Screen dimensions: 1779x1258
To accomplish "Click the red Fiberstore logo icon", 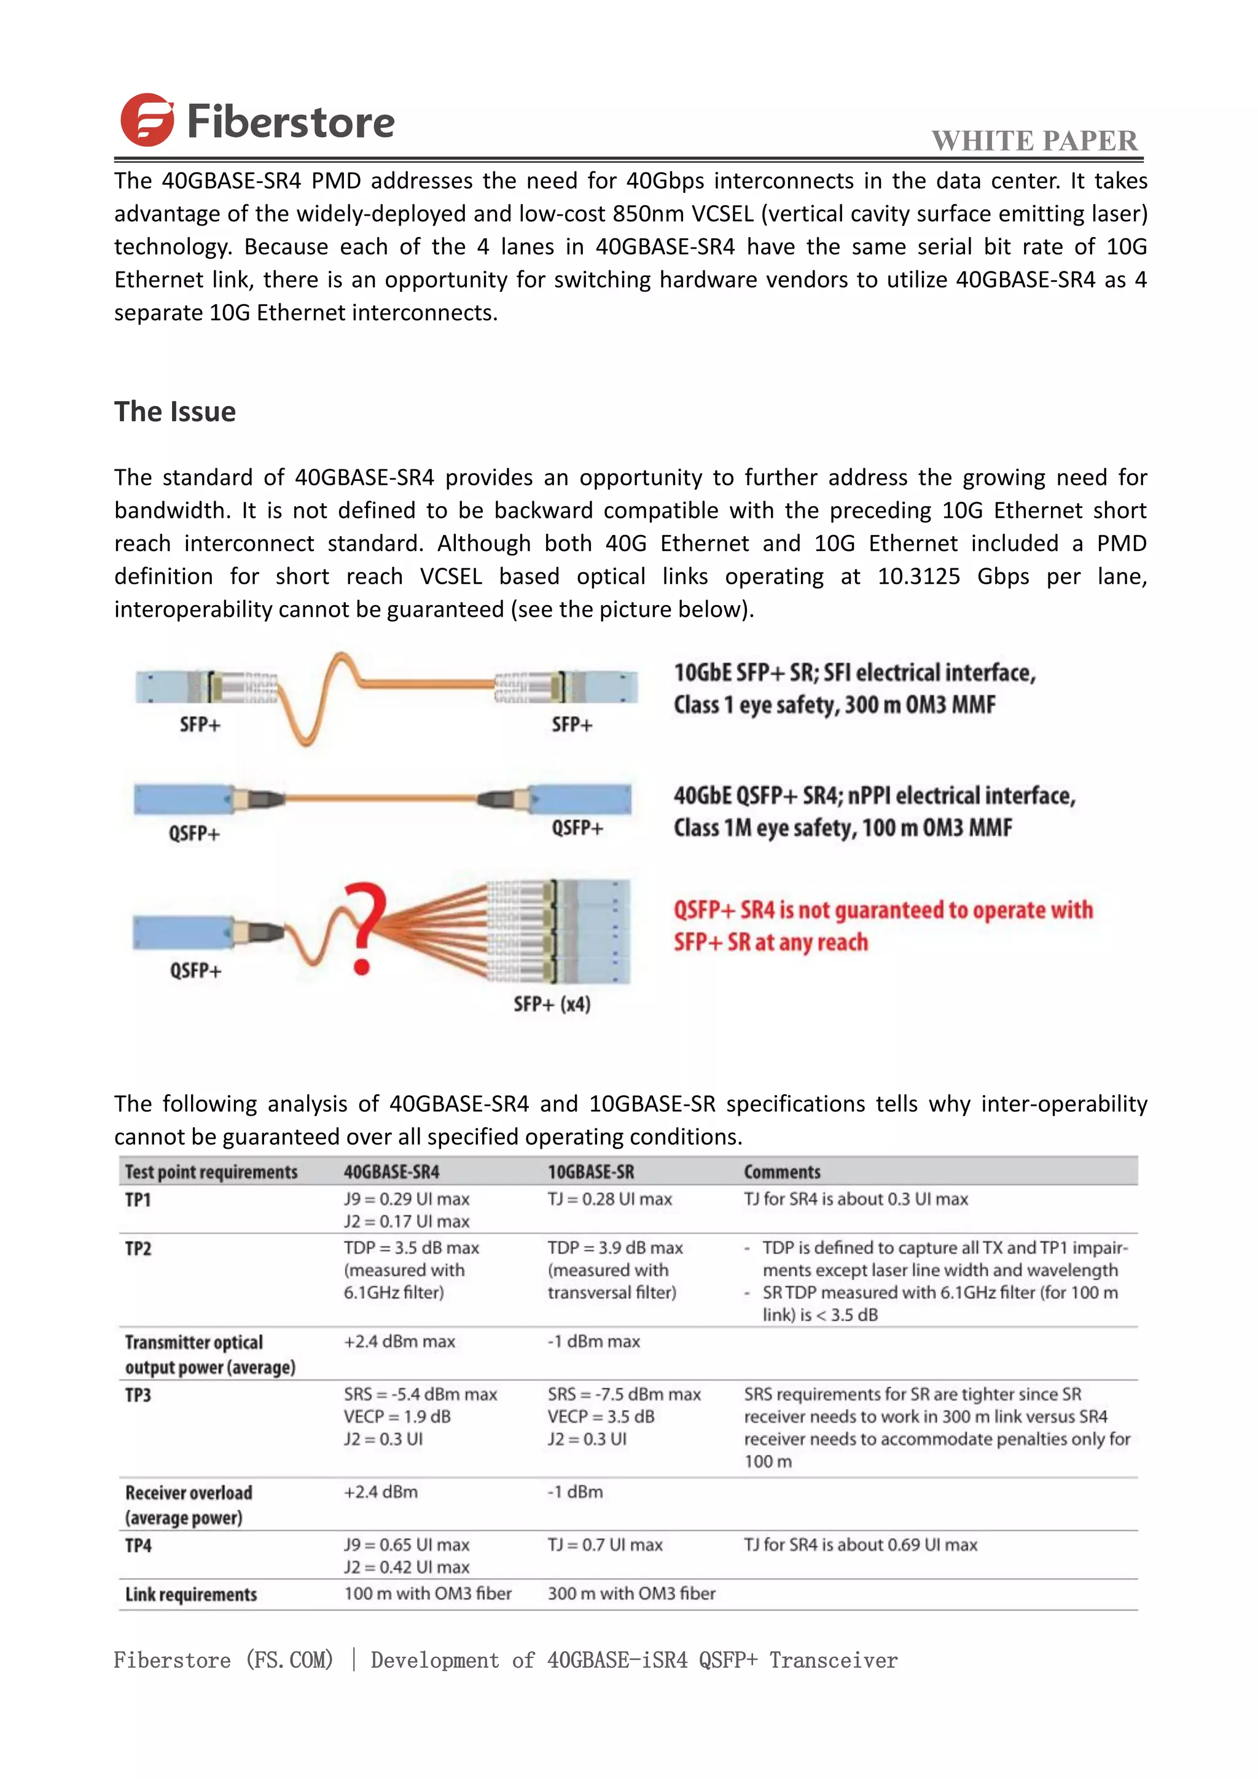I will [147, 120].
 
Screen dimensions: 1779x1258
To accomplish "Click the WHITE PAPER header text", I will [1034, 141].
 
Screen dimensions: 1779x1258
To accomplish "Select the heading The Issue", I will [175, 412].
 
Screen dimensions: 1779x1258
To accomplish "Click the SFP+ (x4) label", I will [552, 1004].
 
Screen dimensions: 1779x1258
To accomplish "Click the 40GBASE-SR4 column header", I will [391, 1171].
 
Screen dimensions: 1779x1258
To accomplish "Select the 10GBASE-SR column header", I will [590, 1171].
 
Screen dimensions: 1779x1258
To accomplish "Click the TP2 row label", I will [138, 1248].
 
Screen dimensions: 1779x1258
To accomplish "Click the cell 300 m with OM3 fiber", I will [631, 1594].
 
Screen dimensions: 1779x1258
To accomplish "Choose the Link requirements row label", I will [190, 1595].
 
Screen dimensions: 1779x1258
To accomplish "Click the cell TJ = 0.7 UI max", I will [605, 1545].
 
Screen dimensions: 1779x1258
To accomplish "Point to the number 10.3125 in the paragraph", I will [919, 576].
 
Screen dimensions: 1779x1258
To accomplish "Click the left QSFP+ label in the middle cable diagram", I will [195, 834].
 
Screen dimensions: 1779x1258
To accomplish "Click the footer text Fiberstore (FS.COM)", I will [223, 1660].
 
